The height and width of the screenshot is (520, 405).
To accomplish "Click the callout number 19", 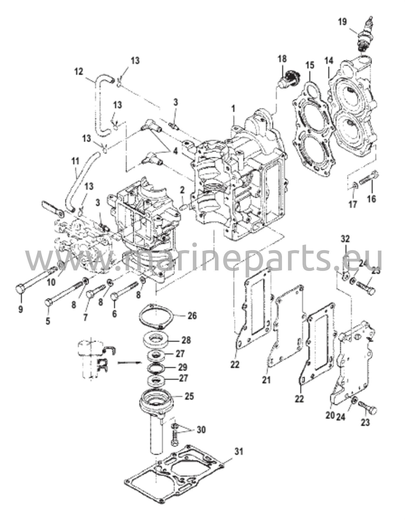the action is click(x=342, y=22).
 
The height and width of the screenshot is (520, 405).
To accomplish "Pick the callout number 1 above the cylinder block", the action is click(x=233, y=110).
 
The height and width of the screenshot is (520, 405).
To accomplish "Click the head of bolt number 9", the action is click(x=20, y=289).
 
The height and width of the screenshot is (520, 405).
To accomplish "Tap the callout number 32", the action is click(x=345, y=239).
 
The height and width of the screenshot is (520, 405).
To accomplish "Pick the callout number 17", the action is click(x=353, y=204).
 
